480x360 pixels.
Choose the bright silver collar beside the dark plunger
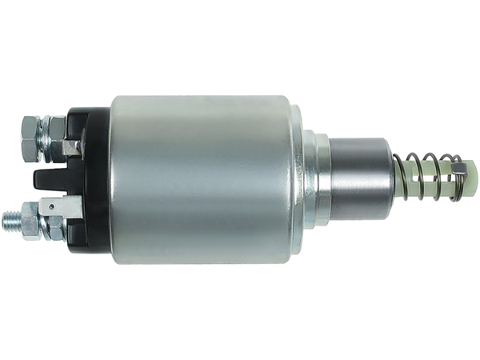(316, 179)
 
